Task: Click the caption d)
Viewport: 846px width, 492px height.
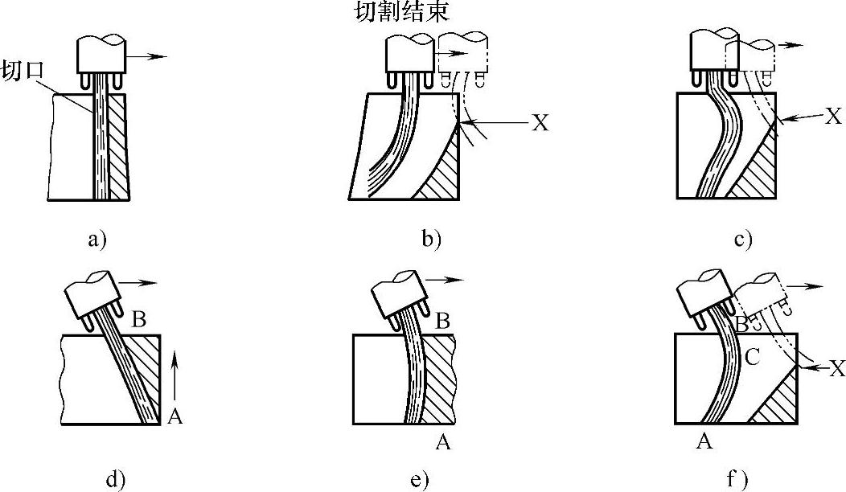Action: pos(117,481)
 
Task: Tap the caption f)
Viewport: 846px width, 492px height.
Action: pos(737,481)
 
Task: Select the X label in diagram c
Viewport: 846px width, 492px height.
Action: pos(833,117)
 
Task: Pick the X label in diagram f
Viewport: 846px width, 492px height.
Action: pos(836,369)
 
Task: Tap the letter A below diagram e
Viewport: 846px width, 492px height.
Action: pos(441,440)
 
